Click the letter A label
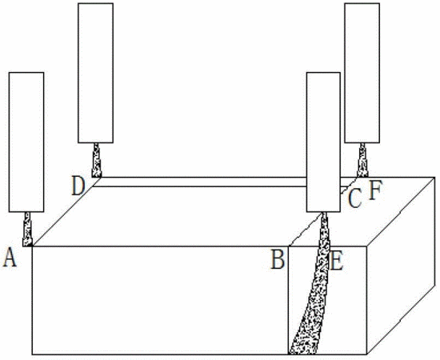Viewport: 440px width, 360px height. (10, 258)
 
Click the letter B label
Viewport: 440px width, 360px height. (278, 259)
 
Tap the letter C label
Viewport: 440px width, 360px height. (354, 198)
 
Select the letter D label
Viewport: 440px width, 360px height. (78, 186)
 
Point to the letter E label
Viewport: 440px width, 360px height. (337, 261)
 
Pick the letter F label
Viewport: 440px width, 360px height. (375, 190)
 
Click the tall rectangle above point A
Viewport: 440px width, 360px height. (26, 142)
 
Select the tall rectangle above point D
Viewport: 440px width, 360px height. (96, 73)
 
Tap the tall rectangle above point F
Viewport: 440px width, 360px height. (362, 73)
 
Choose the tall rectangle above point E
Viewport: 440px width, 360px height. (323, 142)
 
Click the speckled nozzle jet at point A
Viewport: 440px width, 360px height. (27, 230)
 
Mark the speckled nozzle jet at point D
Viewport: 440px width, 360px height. (97, 160)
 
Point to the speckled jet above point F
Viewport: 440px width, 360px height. (362, 160)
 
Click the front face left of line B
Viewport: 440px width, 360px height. (160, 301)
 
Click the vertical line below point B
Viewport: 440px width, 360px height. (289, 301)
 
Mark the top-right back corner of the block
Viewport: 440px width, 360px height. (435, 177)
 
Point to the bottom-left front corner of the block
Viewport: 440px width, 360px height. (32, 354)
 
